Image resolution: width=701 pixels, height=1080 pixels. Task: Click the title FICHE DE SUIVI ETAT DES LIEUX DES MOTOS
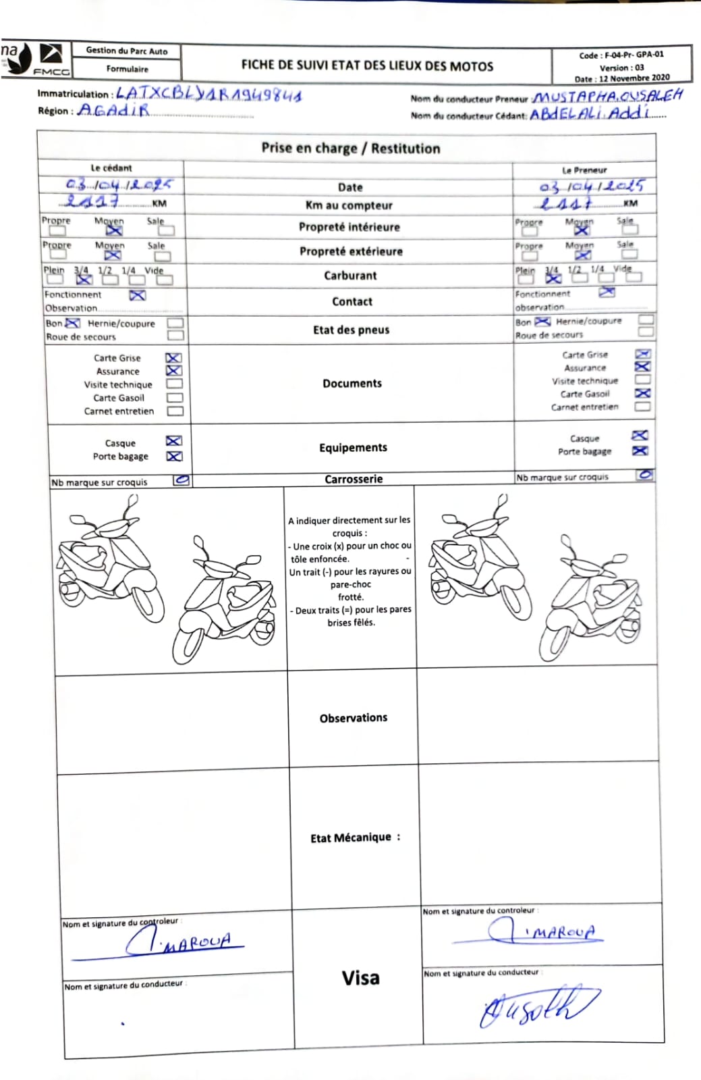[x=367, y=66]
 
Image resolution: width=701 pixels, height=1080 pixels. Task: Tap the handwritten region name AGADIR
[x=113, y=109]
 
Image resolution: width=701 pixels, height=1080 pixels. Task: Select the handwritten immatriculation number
[x=208, y=94]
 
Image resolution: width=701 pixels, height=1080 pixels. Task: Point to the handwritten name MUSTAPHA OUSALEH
[x=608, y=96]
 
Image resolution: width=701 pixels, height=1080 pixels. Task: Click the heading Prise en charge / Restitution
[x=351, y=148]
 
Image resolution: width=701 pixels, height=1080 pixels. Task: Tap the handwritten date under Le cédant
[x=119, y=184]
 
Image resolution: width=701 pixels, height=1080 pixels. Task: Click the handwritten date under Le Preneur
[x=592, y=186]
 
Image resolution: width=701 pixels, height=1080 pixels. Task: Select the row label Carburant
[x=350, y=276]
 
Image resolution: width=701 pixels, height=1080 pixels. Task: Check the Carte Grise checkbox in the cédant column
[x=174, y=358]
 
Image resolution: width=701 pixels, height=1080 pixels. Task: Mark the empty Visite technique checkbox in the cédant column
[x=175, y=384]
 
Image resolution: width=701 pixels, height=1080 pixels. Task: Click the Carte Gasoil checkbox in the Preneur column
[x=643, y=393]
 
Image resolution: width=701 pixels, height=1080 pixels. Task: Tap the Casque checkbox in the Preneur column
[x=640, y=436]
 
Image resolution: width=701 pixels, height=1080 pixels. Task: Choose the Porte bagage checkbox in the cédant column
[x=174, y=457]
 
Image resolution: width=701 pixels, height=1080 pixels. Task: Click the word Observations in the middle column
[x=354, y=718]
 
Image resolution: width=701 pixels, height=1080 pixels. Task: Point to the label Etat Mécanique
[x=355, y=838]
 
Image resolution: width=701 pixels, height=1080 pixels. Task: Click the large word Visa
[x=360, y=978]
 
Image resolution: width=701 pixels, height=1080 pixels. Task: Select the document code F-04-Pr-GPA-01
[x=621, y=55]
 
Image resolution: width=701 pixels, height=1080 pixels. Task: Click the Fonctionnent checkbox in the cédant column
[x=138, y=295]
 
